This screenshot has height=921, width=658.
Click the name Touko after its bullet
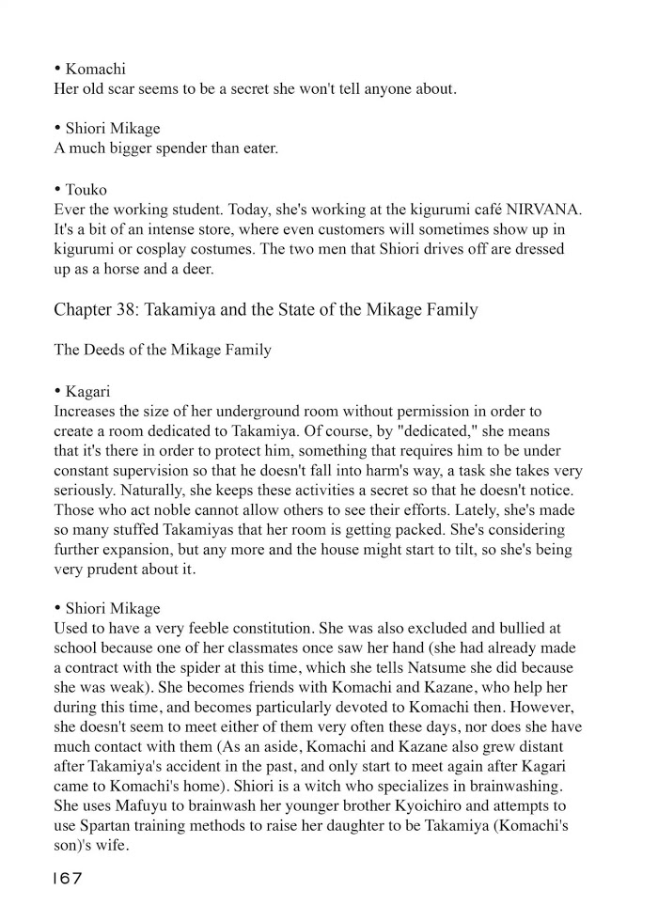click(86, 190)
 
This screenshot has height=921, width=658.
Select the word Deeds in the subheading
click(105, 351)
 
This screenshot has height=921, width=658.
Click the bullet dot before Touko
click(58, 189)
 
